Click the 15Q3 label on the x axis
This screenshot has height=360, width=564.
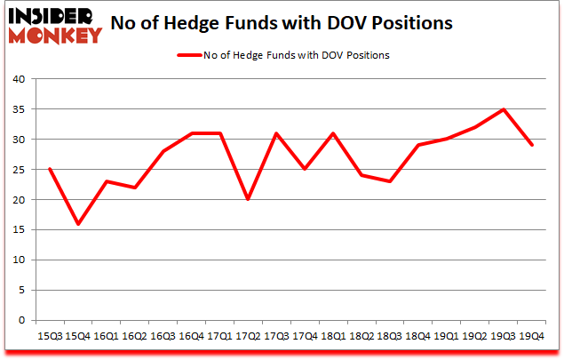point(49,336)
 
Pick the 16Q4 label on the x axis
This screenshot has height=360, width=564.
point(191,336)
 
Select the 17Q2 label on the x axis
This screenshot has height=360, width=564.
point(247,336)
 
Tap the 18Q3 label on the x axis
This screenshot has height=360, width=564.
point(389,336)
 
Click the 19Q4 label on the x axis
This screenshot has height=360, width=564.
point(531,336)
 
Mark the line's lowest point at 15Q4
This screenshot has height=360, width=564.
point(77,224)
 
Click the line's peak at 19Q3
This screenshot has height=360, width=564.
point(503,109)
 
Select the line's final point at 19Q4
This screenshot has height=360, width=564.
point(531,146)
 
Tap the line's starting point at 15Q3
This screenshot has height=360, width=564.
point(49,170)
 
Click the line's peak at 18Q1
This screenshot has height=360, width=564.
point(332,133)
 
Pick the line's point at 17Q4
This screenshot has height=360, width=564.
point(304,170)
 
